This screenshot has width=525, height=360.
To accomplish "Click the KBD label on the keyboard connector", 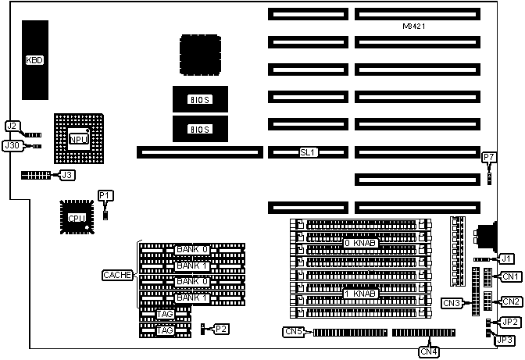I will pos(34,59).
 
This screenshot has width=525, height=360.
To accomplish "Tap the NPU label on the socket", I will pos(78,139).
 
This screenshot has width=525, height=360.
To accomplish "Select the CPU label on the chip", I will pos(77,218).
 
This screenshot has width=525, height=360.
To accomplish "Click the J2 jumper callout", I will pos(12,126).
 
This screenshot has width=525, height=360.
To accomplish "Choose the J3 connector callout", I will pos(67,175).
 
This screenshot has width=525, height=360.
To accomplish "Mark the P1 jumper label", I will pos(105,194).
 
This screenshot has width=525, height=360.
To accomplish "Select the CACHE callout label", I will pos(119,275).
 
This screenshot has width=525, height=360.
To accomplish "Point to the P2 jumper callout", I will pos(221,329).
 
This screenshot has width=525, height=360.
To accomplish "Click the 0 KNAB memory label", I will pos(361,243).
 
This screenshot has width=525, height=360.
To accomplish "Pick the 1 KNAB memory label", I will pos(361,294).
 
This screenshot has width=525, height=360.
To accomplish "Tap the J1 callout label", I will pos(506,258).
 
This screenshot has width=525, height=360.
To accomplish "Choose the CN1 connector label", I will pos(511,276).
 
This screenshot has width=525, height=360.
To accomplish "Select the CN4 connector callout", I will pos(429,351).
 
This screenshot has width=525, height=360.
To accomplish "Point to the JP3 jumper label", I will pos(505,340).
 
